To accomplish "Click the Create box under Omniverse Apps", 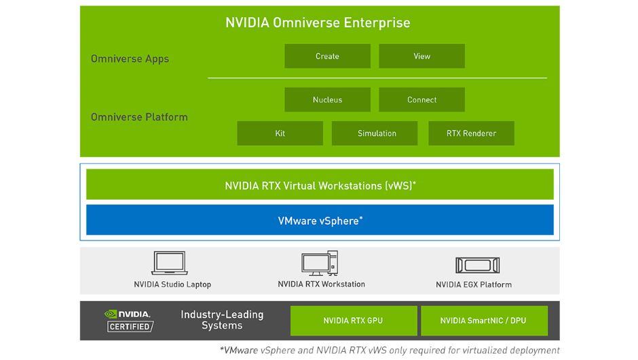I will pos(327,56).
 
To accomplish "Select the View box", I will pos(421,56).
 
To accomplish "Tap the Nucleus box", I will pos(327,100).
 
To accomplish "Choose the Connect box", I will pos(421,100).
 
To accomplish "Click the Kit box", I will pos(280,134).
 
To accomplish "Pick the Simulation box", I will pos(377,134).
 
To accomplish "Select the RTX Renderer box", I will pos(471,134).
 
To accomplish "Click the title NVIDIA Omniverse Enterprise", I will pos(318,22).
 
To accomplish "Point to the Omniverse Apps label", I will pos(130,59).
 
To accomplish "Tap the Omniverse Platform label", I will pos(139,117).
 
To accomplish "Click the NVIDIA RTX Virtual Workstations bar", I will pos(320,185).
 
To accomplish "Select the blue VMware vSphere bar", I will pos(320,220).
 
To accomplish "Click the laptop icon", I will pos(169,264).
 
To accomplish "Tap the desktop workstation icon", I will pos(320,263).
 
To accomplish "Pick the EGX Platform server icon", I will pos(477,265).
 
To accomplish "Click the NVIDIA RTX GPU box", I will pos(353,321).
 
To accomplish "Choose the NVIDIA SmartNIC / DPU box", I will pos(483,321).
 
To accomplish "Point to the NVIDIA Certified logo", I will pos(129,320).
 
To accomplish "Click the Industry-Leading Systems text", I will pos(222,320).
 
